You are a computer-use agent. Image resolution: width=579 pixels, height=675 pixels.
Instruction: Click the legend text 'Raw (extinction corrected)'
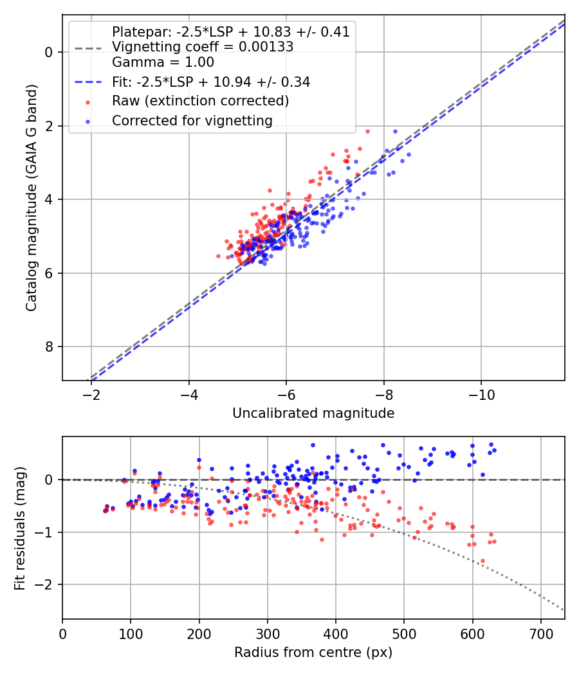(x=200, y=102)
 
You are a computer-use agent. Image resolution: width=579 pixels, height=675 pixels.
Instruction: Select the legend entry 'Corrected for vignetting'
(x=192, y=121)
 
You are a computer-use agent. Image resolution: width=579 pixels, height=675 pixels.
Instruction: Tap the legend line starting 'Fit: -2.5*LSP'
(x=211, y=82)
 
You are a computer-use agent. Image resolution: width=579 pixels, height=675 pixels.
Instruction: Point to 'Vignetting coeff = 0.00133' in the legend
(x=203, y=47)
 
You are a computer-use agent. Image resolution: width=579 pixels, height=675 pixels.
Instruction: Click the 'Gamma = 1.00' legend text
(x=163, y=62)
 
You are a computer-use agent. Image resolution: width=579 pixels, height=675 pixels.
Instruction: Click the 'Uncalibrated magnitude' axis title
(x=313, y=413)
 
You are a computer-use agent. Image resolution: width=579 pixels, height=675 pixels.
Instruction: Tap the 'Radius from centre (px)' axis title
(x=313, y=652)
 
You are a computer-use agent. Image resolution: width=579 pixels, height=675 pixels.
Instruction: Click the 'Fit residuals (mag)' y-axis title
(x=20, y=527)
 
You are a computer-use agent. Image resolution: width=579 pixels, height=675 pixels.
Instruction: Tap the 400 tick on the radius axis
(x=336, y=633)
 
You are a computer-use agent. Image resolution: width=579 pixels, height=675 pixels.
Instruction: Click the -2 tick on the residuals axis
(x=45, y=585)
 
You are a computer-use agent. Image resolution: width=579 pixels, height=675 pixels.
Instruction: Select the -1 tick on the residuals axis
(x=45, y=532)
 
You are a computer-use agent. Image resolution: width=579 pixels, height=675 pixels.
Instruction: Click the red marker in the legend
(x=87, y=102)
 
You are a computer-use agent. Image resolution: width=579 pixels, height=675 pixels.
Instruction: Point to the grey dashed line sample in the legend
(x=87, y=48)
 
